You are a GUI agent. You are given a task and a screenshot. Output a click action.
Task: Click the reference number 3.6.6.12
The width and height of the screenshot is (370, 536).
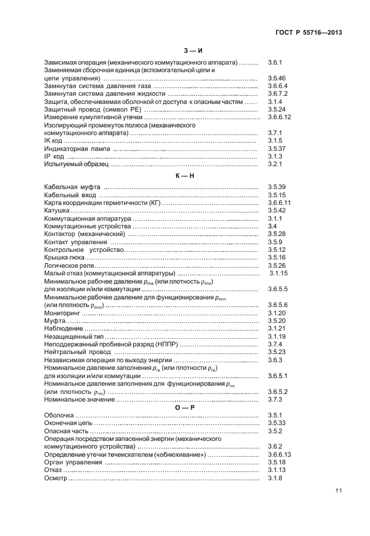click(280, 117)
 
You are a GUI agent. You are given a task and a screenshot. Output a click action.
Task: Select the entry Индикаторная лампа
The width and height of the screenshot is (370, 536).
click(77, 149)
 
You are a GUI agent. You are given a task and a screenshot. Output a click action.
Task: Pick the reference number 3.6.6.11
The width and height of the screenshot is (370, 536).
click(280, 203)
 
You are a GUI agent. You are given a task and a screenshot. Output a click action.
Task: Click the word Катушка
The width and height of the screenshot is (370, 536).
click(58, 210)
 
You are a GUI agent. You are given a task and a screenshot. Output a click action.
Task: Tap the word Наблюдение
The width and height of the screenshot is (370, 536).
click(63, 329)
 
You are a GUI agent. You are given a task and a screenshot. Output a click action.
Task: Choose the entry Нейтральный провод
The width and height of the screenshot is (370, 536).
click(73, 352)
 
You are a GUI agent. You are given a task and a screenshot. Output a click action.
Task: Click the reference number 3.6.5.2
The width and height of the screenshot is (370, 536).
click(277, 392)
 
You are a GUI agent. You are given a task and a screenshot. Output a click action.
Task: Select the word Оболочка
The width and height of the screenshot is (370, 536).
click(60, 415)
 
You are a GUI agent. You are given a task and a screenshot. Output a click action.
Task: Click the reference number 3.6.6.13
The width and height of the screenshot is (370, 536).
click(280, 454)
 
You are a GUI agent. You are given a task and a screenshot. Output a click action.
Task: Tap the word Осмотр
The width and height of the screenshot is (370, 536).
click(56, 478)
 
